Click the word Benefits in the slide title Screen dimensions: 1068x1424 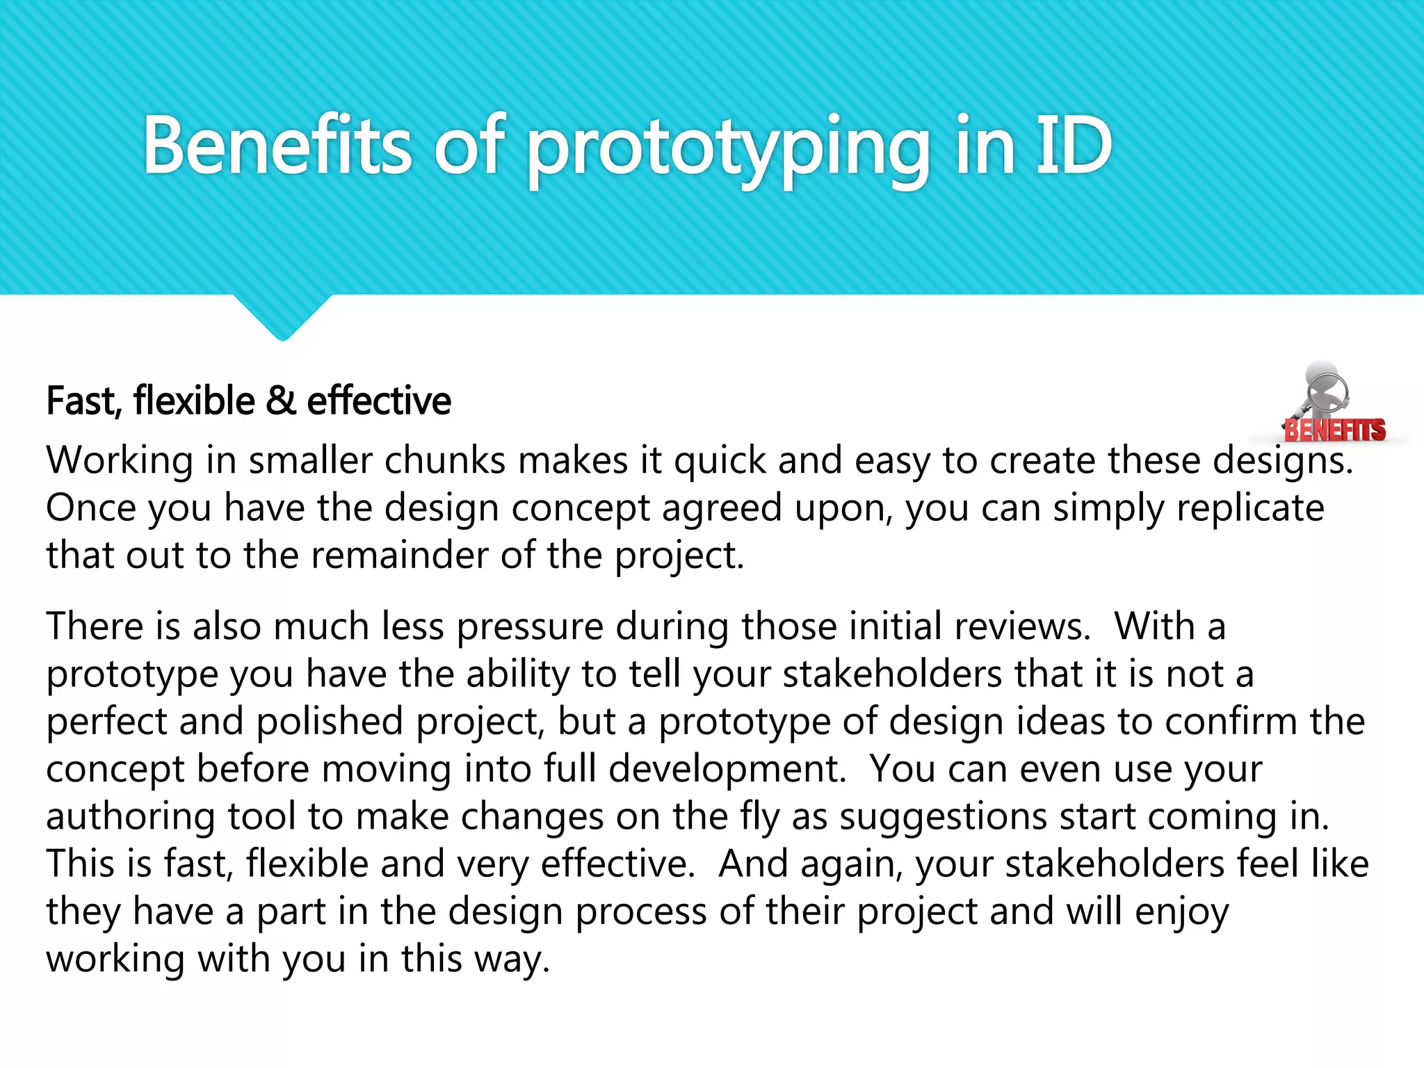[x=277, y=146]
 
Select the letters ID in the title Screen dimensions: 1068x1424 [x=1074, y=146]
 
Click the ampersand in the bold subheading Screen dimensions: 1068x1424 [x=280, y=401]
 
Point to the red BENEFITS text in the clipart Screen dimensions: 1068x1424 [x=1334, y=430]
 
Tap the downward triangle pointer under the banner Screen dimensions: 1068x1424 [x=282, y=316]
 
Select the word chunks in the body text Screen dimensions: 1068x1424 [x=445, y=460]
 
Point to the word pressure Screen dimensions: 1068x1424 [x=530, y=626]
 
